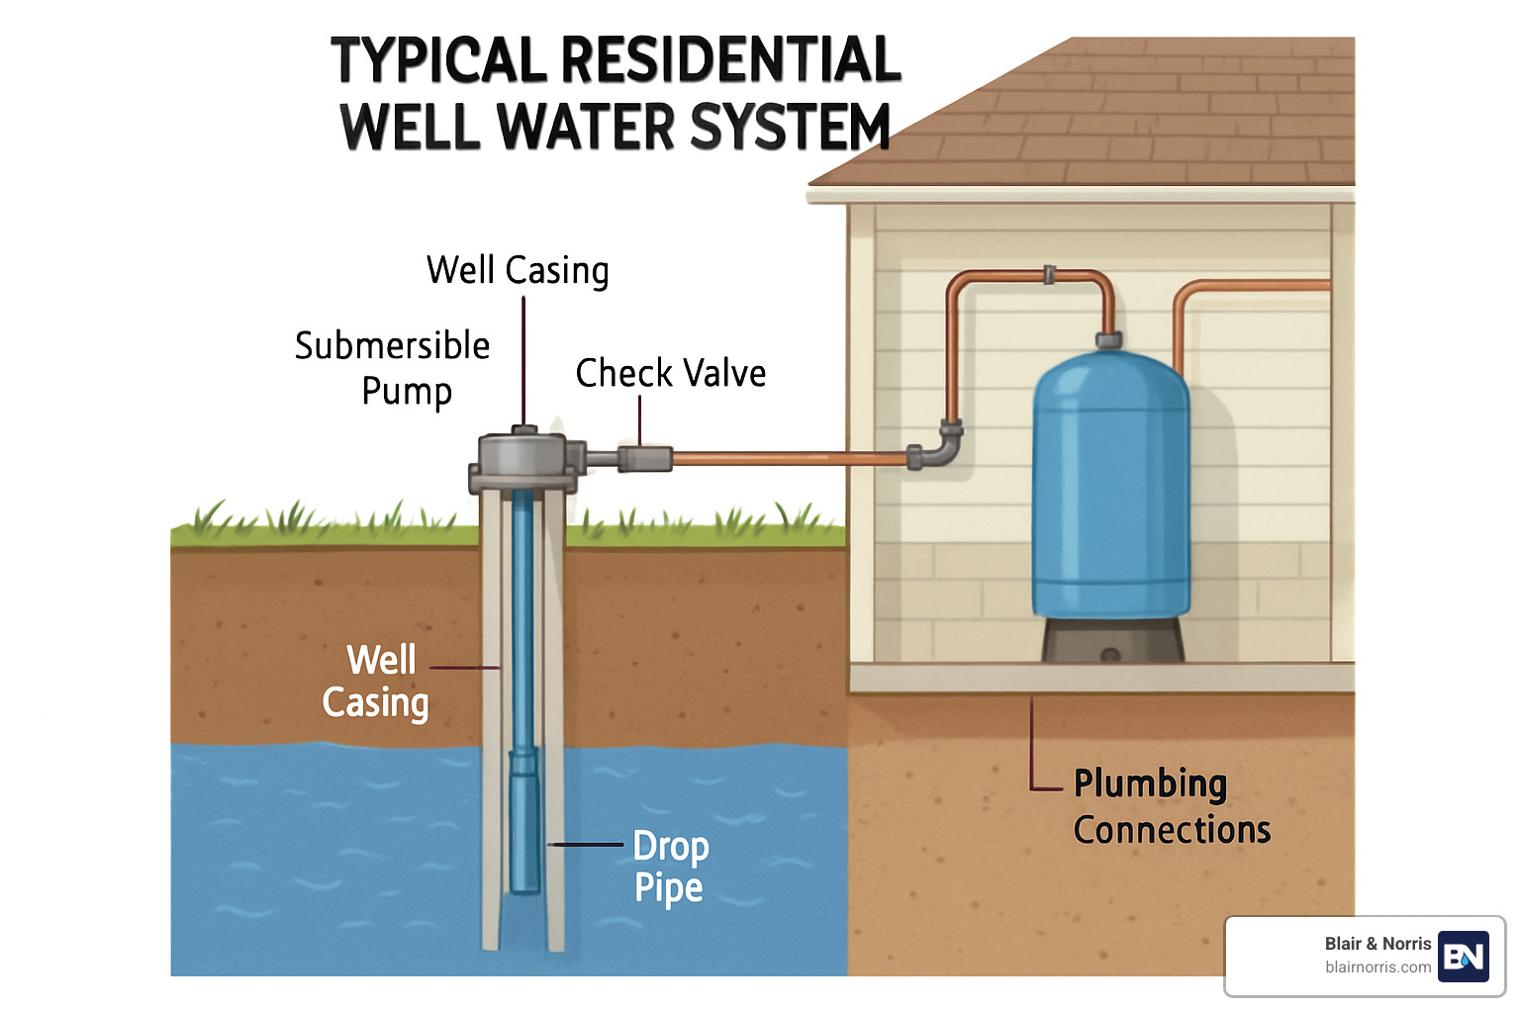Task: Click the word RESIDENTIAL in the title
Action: (x=731, y=59)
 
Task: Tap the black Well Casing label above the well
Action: (x=518, y=270)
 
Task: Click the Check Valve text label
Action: (x=670, y=374)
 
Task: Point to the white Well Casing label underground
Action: (x=376, y=681)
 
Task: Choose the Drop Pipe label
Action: (x=670, y=867)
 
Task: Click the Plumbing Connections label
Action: (x=1171, y=806)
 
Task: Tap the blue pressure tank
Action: (x=1110, y=485)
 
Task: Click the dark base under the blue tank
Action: (x=1111, y=640)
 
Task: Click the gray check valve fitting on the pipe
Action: (x=644, y=458)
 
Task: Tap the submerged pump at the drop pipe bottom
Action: (x=523, y=821)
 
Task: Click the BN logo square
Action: (x=1463, y=956)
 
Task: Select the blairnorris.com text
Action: (x=1377, y=967)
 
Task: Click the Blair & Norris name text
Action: (x=1377, y=944)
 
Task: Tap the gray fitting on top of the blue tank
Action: (x=1108, y=340)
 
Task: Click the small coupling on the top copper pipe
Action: (x=1049, y=274)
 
